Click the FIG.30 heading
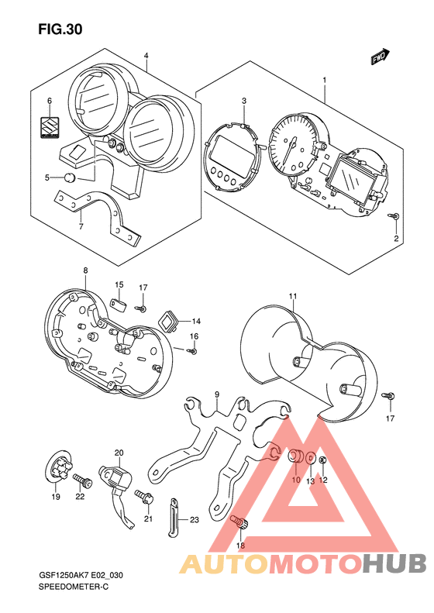click(x=60, y=29)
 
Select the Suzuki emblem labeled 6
click(x=50, y=127)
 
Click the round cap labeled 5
click(x=70, y=177)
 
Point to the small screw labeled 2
click(x=393, y=215)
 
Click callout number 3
click(x=244, y=101)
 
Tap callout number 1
click(x=324, y=80)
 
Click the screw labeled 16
click(x=192, y=352)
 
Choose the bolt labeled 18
click(x=239, y=522)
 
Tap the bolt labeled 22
click(x=82, y=480)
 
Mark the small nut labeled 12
click(x=323, y=460)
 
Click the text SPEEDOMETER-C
click(x=74, y=587)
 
